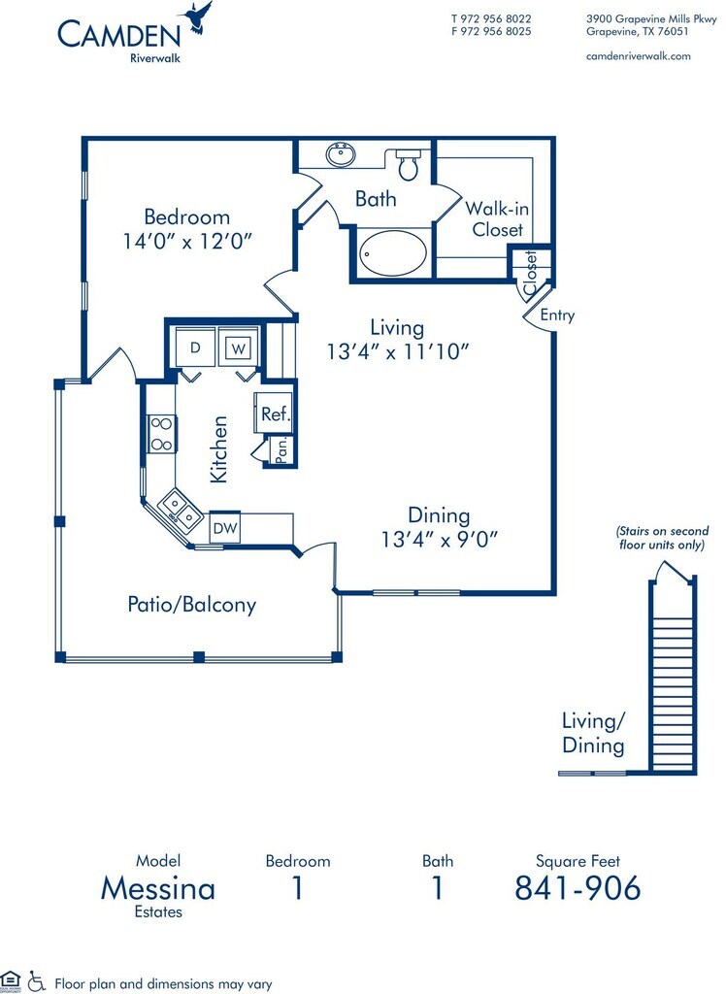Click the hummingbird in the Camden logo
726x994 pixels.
[x=197, y=17]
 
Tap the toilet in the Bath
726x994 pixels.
[x=408, y=163]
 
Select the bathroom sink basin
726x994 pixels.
[x=341, y=154]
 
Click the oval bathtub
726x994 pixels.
[x=392, y=253]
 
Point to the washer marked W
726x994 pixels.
[x=238, y=348]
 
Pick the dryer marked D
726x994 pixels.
[x=196, y=348]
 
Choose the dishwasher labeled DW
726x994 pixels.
[x=225, y=527]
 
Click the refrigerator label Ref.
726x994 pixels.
[x=276, y=414]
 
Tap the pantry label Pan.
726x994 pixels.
[x=282, y=448]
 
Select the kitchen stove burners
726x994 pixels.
[x=162, y=434]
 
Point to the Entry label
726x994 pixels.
[x=557, y=315]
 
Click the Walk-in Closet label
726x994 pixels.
[x=497, y=218]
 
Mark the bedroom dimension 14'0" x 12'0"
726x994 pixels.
[x=187, y=241]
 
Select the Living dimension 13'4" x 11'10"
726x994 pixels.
[x=398, y=351]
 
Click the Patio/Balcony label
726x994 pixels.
[x=192, y=605]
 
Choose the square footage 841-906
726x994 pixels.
[x=577, y=888]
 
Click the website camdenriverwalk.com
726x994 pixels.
[x=639, y=55]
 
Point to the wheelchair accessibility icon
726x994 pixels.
[x=37, y=981]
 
